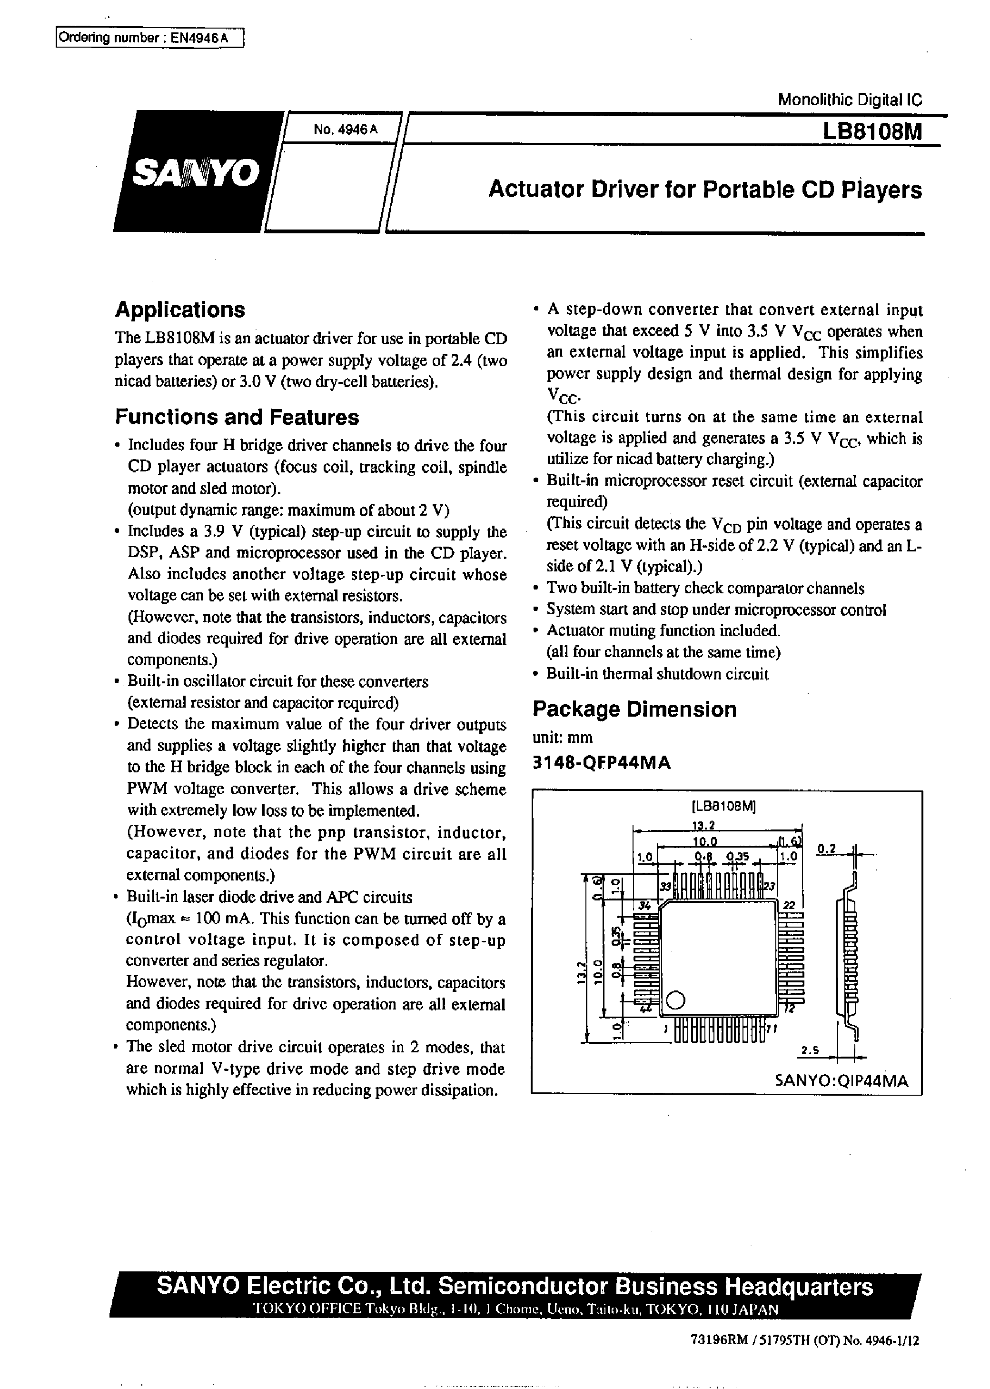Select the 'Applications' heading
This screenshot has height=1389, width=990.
[180, 310]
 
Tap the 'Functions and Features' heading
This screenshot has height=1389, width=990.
[237, 417]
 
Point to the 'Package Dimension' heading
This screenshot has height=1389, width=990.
[634, 709]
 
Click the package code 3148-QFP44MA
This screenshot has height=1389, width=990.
[602, 763]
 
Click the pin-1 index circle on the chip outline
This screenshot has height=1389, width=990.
[675, 1000]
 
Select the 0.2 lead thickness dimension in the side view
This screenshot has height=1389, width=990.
[827, 849]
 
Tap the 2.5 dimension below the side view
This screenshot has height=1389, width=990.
[810, 1050]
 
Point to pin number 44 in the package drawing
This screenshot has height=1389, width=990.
[645, 1009]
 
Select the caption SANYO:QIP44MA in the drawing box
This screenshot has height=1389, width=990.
[841, 1081]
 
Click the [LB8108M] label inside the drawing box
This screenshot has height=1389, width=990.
[723, 806]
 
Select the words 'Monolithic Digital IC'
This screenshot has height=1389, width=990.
[850, 100]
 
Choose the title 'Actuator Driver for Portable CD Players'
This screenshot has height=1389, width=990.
[705, 190]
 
